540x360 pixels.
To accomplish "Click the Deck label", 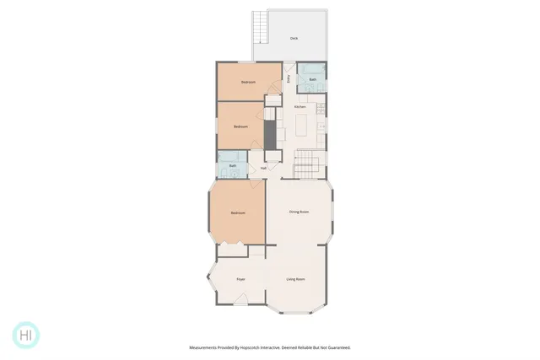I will pos(294,38).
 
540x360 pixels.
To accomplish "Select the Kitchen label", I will pos(300,107).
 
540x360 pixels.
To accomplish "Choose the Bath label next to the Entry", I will pos(312,79).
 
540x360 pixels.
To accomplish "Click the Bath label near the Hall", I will pos(233,166).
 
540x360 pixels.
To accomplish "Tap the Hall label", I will pos(263,168).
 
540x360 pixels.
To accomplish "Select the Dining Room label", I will pos(299,212).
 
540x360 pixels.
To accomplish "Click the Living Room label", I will pos(295,279).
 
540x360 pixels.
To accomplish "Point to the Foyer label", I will pos(240,278).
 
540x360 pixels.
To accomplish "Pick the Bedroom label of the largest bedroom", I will pos(238,212).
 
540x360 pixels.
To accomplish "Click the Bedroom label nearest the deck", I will pos(248,82).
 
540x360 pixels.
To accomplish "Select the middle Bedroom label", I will pos(240,126).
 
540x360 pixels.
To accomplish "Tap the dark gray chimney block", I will pos(270,133).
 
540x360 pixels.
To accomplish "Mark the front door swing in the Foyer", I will pos(241,298).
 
